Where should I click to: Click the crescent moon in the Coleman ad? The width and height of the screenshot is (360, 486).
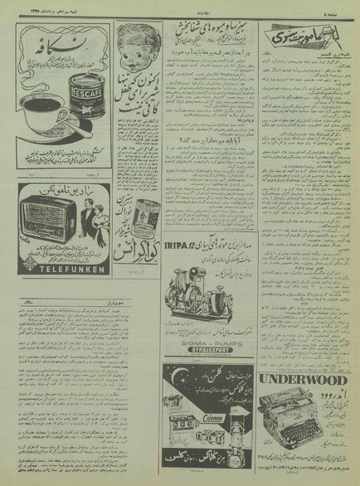pos(192,357)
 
